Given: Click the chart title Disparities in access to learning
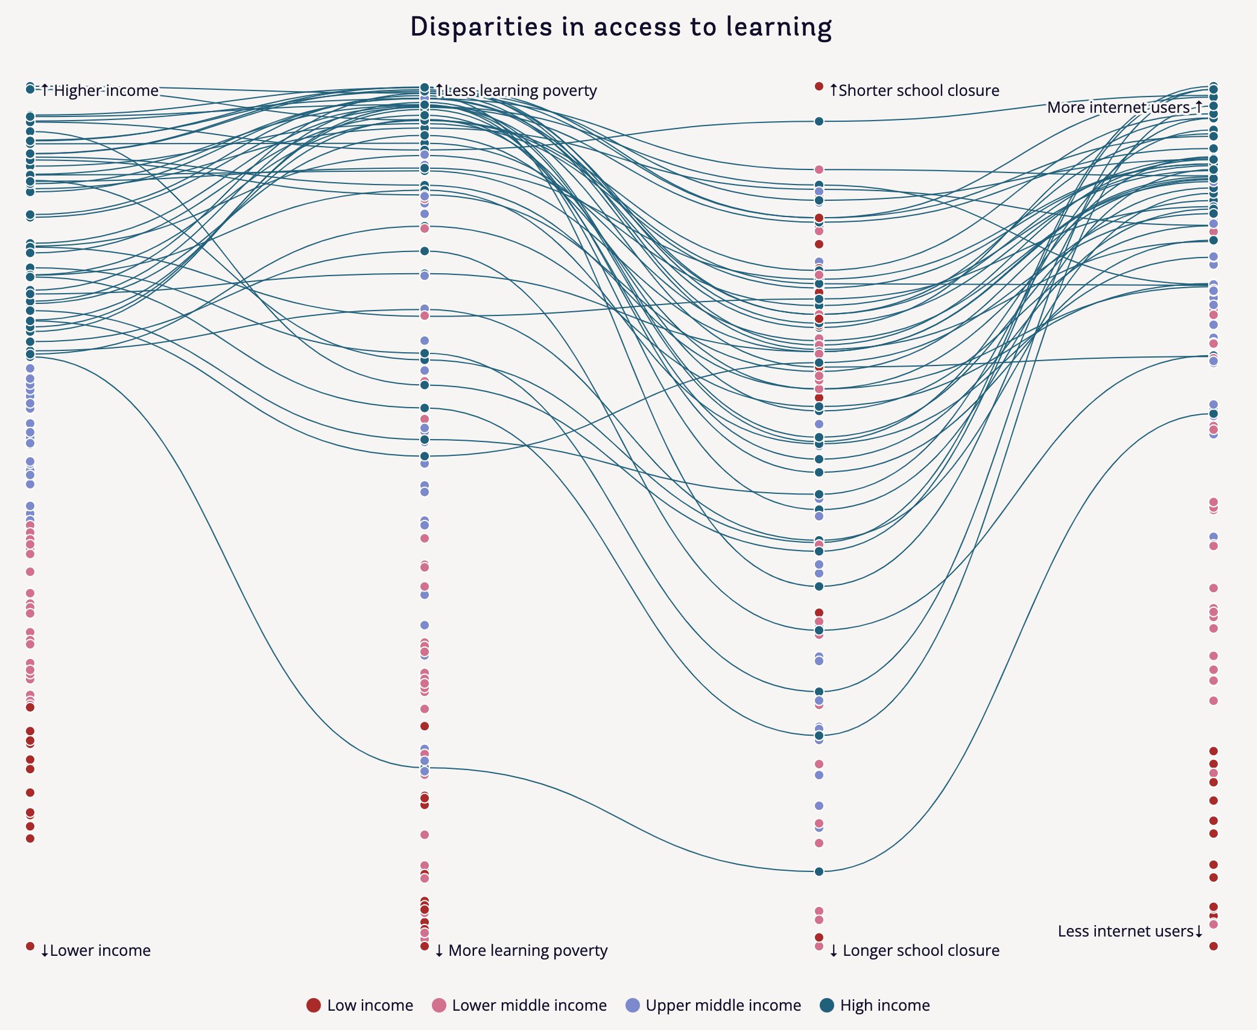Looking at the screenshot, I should pos(621,28).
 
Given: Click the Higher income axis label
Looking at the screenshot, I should pos(100,90).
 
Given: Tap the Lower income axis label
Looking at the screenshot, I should pos(95,950).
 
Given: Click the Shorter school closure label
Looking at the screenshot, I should pos(914,90).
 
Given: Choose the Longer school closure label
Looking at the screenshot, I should pos(914,950).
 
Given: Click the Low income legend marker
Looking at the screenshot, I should pos(314,1005).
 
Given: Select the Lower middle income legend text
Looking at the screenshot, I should pos(529,1005).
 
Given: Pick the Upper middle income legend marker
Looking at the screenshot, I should pos(633,1005).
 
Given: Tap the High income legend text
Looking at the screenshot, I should pos(885,1005).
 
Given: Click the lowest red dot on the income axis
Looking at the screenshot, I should pos(30,946).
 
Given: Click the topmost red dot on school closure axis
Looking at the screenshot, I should pos(819,86).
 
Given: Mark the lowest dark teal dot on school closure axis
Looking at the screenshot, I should pos(819,871).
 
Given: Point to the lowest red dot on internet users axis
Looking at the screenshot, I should pos(1214,946).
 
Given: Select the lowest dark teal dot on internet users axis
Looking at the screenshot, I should pos(1214,414).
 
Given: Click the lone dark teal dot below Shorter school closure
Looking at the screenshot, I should pos(819,121).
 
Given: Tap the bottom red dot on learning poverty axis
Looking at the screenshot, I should pos(425,946).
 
